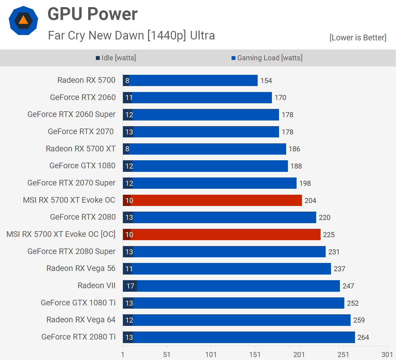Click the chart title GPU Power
92,14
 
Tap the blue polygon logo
23,21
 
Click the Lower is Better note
358,38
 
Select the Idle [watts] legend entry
116,58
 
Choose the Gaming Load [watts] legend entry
267,58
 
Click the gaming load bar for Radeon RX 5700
193,80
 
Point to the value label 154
266,81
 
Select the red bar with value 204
216,200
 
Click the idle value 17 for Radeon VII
130,286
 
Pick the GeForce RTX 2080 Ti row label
78,337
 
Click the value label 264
363,337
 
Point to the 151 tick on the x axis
255,355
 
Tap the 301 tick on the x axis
387,355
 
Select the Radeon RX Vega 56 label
81,268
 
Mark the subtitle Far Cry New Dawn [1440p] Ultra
131,36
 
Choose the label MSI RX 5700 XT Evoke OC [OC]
61,234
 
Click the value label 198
305,183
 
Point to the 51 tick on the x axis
167,355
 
